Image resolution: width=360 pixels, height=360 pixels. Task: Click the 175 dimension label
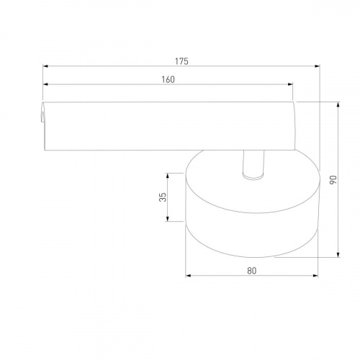pos(181,61)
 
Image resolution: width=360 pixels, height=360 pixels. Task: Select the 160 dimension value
pos(168,79)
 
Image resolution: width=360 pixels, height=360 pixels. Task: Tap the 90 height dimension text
pos(333,180)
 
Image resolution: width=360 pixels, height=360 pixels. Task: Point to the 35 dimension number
pos(163,197)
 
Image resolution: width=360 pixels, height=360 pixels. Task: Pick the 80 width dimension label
pos(252,271)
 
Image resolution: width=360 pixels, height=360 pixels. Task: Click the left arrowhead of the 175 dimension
pos(45,66)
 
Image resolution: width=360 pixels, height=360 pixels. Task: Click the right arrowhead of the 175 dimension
pos(318,66)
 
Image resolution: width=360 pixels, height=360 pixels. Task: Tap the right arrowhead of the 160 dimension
pos(290,84)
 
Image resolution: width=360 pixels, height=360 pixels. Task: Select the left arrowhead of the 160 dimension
pos(45,84)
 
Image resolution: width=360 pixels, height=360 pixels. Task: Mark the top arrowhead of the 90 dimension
pos(338,104)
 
